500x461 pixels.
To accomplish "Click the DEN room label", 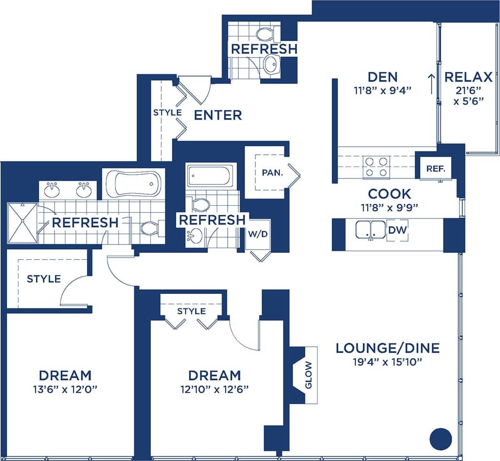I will tap(382, 76).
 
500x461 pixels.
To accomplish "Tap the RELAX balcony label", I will tap(468, 77).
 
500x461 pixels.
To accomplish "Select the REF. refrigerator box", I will tap(435, 168).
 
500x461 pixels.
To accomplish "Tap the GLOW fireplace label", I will tap(309, 375).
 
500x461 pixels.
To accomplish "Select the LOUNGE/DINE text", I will tap(387, 348).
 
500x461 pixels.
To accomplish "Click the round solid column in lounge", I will tap(441, 439).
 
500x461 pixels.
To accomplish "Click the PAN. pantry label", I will tap(272, 172).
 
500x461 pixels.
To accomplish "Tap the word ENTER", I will tap(218, 115).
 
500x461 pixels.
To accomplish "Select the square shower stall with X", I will tap(22, 223).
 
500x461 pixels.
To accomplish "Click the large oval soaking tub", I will tap(133, 184).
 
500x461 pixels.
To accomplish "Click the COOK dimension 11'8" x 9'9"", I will tap(389, 206).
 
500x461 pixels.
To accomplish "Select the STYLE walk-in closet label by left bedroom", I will tap(43, 279).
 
